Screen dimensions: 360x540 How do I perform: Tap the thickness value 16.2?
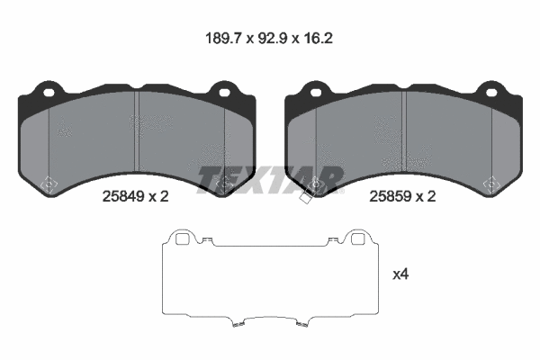tap(325, 40)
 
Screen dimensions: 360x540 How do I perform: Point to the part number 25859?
tap(390, 195)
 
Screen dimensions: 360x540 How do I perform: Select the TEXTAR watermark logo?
tap(270, 179)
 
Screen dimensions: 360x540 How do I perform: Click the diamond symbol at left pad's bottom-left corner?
tap(50, 184)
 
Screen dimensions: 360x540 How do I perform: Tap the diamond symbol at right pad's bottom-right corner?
tap(490, 184)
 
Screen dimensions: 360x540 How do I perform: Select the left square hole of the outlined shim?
tap(181, 238)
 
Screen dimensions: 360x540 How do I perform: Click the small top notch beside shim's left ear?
tap(207, 240)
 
